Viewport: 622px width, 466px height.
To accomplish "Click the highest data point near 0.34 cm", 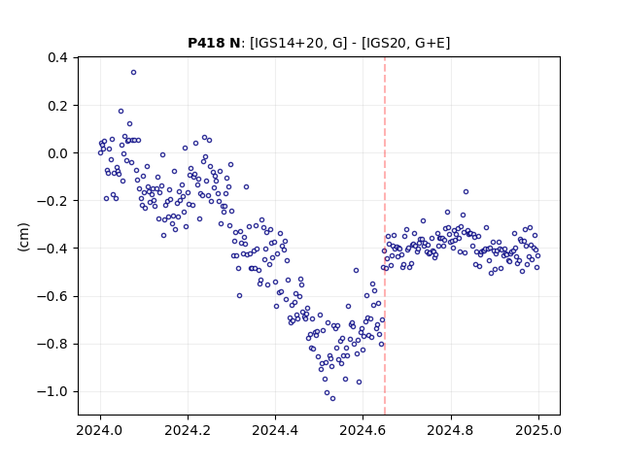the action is pyautogui.click(x=134, y=73).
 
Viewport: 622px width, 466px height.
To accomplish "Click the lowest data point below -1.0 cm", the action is pyautogui.click(x=332, y=399).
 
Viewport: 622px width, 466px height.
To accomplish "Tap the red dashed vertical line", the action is pyautogui.click(x=385, y=236).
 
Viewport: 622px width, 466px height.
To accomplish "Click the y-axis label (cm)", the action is pyautogui.click(x=23, y=237).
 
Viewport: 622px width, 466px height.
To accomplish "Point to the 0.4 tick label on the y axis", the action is pyautogui.click(x=57, y=58).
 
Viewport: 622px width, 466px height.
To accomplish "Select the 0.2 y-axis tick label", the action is pyautogui.click(x=57, y=106).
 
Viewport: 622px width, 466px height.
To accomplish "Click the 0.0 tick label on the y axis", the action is pyautogui.click(x=57, y=153).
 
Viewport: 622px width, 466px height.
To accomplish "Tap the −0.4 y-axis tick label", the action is pyautogui.click(x=52, y=249).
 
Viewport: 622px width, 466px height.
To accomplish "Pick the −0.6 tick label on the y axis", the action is pyautogui.click(x=52, y=296).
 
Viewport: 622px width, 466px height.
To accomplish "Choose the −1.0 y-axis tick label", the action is pyautogui.click(x=52, y=391).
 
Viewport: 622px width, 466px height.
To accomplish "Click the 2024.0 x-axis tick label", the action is pyautogui.click(x=100, y=430).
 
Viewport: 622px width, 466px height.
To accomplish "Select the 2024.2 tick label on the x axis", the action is pyautogui.click(x=188, y=430).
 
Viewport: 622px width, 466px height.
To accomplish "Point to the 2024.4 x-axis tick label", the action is pyautogui.click(x=275, y=430).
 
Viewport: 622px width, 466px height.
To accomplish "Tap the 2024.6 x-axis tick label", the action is pyautogui.click(x=363, y=430).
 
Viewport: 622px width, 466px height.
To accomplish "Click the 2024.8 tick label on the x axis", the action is pyautogui.click(x=451, y=430).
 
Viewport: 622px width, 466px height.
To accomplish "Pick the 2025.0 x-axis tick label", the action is pyautogui.click(x=538, y=430).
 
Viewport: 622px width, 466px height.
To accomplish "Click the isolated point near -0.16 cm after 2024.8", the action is pyautogui.click(x=466, y=192).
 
